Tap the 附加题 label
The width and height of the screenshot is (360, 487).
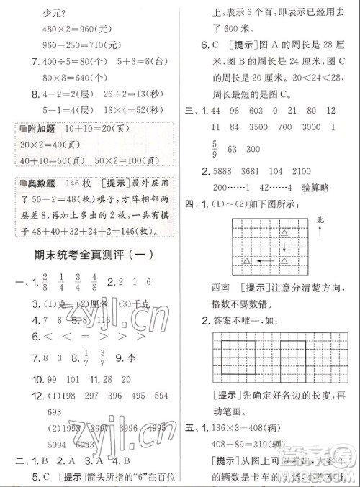[x=38, y=128]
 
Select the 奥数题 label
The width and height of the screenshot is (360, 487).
[x=38, y=183]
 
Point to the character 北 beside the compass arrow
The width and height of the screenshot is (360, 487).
[x=319, y=219]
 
